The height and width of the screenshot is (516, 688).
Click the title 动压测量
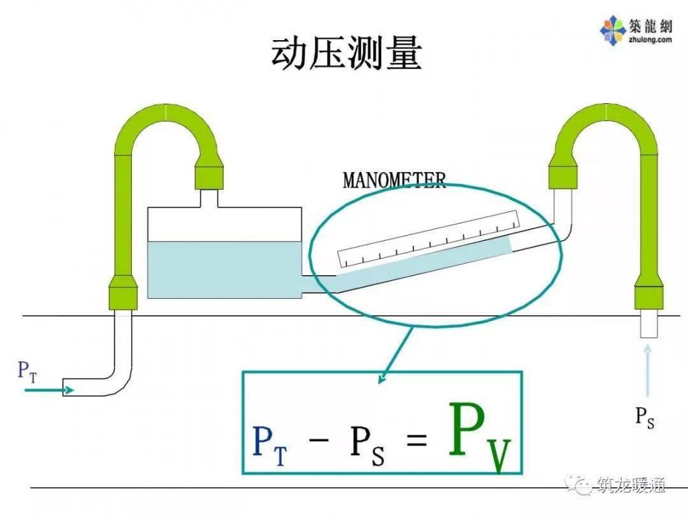(346, 54)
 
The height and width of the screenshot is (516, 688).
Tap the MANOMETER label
(394, 180)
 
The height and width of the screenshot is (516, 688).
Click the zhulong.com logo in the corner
(635, 31)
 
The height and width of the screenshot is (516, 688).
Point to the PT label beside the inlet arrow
(27, 371)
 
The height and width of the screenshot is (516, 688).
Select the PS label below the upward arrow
(645, 418)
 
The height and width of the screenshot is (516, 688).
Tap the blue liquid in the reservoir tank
(224, 269)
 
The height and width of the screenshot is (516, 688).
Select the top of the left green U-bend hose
(167, 113)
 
